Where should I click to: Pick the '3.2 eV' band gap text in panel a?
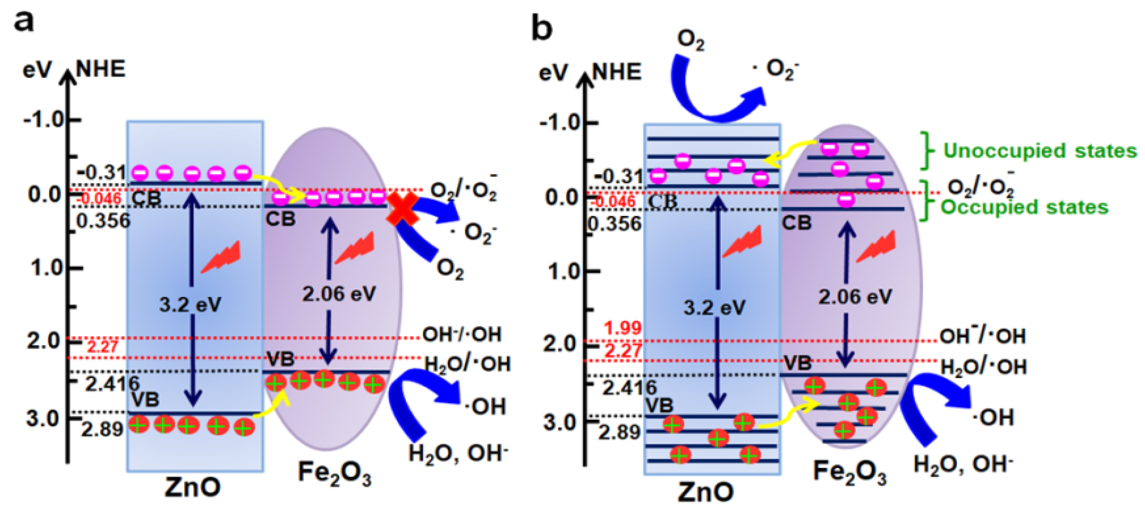click(x=190, y=305)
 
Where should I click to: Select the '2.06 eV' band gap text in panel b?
click(x=855, y=297)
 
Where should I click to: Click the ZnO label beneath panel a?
click(x=192, y=487)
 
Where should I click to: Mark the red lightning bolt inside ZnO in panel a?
click(x=221, y=257)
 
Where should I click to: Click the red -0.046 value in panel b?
click(x=615, y=201)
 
